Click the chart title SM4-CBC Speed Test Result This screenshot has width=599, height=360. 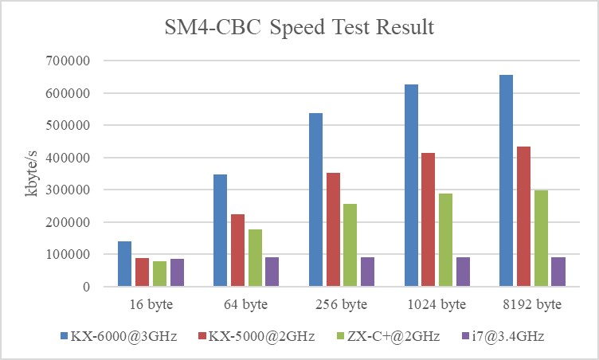tap(299, 27)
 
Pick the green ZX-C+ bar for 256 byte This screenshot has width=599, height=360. tap(350, 245)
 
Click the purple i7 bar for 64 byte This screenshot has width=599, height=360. tap(272, 272)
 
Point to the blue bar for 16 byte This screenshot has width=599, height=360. tap(124, 264)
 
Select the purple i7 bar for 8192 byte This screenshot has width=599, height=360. tap(558, 272)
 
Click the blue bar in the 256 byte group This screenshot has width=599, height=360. tap(316, 200)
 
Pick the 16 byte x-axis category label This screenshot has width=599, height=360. tap(150, 305)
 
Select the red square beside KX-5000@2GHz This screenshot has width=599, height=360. tap(203, 338)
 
